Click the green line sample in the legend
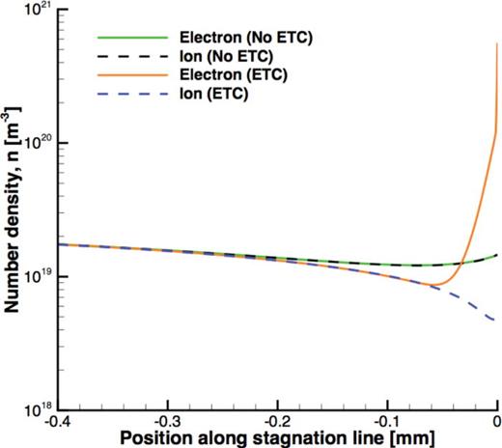pos(122,38)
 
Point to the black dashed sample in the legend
pos(122,56)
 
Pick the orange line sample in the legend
pos(122,74)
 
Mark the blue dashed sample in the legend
pos(122,93)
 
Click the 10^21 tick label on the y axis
pos(39,11)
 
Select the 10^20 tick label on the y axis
pos(39,144)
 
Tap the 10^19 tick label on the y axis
pos(39,277)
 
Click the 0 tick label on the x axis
pos(495,422)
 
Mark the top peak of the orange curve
pos(497,43)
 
